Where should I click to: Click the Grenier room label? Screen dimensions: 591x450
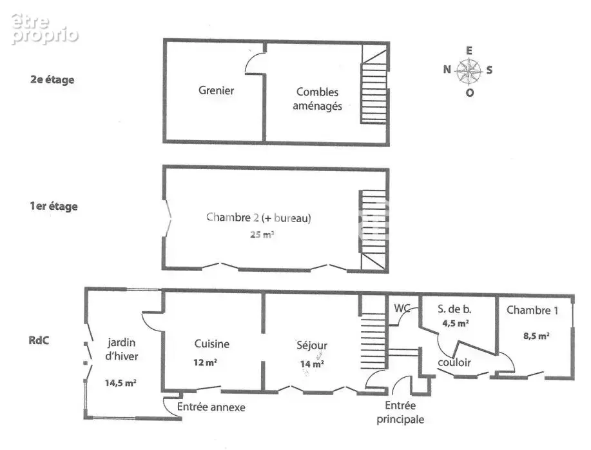point(217,90)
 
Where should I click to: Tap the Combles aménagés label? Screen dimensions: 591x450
point(317,99)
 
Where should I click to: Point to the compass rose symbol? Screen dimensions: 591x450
point(469,71)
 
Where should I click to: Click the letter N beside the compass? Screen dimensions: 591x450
point(447,70)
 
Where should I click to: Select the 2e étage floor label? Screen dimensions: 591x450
point(52,79)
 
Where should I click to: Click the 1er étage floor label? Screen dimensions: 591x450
point(54,206)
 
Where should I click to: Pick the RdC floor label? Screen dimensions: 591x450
point(39,340)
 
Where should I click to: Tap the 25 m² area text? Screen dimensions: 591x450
point(262,234)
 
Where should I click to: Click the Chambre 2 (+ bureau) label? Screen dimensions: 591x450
point(258,218)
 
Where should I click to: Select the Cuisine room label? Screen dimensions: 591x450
point(212,344)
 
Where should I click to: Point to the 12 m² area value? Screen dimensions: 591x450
point(205,362)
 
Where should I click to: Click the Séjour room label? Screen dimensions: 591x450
point(312,345)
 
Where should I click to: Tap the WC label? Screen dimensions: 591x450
point(402,309)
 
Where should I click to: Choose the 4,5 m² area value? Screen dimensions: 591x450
point(456,323)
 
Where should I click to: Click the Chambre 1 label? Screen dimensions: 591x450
point(532,311)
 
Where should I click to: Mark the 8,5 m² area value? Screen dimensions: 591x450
point(536,336)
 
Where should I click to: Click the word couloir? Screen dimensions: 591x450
point(454,362)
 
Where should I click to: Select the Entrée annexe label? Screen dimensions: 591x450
point(211,407)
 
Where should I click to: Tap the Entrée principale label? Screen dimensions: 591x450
point(400,413)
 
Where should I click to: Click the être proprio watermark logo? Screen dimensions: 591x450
point(44,29)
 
